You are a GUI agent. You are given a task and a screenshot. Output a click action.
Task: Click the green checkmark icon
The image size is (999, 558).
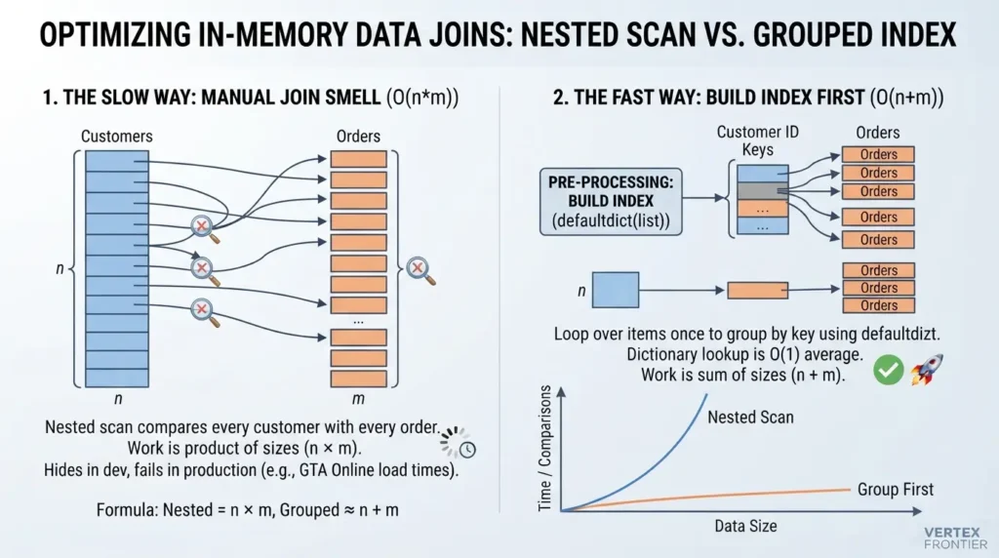[888, 370]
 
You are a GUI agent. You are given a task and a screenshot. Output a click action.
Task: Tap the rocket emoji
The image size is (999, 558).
[927, 370]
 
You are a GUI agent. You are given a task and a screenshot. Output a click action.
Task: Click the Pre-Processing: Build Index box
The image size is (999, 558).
[611, 201]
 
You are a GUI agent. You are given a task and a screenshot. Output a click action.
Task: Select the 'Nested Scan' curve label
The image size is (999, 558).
[750, 418]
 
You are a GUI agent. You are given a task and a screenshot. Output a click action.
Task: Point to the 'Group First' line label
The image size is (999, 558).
[896, 489]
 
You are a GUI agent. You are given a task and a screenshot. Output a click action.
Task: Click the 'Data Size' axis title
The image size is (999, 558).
[745, 526]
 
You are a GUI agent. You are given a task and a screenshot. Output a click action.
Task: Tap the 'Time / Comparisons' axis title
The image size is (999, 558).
[544, 448]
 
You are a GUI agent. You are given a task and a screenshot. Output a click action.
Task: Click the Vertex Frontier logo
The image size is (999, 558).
[955, 538]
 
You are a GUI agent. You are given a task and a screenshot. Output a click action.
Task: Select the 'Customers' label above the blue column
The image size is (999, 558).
[117, 137]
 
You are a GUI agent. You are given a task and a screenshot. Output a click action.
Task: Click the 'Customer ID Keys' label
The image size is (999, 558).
[757, 140]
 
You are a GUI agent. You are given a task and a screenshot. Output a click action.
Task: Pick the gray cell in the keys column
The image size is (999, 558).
[763, 191]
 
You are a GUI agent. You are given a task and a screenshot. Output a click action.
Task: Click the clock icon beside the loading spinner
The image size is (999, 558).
[467, 450]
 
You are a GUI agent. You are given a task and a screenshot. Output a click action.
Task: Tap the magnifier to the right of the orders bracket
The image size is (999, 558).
[420, 270]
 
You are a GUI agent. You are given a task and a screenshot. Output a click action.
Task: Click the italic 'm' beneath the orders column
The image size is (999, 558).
[358, 399]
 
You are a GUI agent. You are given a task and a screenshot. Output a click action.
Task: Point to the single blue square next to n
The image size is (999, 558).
[616, 290]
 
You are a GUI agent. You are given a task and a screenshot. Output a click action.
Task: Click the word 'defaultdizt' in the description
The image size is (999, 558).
[900, 334]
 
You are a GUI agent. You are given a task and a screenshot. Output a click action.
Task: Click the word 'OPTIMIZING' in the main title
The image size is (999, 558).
[115, 34]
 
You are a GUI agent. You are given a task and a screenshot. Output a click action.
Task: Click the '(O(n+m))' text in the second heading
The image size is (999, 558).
[906, 98]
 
